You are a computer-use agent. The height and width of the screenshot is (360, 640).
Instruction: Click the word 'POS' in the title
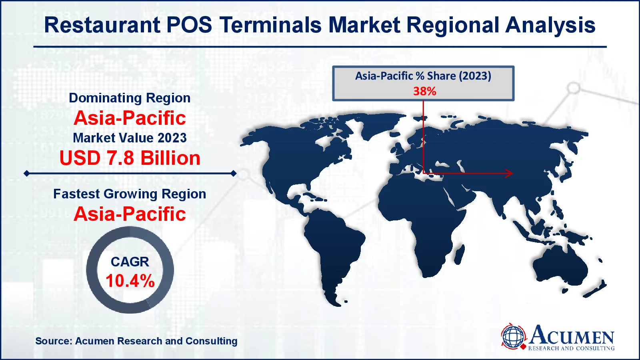[189, 25]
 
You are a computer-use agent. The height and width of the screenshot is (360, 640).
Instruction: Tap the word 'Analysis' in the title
[550, 26]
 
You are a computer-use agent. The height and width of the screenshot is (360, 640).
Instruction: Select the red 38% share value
[424, 91]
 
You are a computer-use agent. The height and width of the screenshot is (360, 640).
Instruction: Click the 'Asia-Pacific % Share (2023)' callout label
[423, 76]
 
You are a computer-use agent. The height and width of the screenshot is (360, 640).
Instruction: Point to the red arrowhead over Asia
[509, 173]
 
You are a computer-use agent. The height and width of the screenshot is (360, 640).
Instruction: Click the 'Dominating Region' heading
[130, 98]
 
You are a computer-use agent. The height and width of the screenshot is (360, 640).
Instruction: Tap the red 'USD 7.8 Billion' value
[130, 158]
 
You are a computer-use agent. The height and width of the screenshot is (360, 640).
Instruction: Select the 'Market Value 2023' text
[130, 138]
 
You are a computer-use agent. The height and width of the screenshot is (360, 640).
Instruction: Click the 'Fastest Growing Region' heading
[130, 194]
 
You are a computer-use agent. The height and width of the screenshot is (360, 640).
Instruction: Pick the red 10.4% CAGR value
[130, 280]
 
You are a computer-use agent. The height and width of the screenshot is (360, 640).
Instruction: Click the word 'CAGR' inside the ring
[130, 262]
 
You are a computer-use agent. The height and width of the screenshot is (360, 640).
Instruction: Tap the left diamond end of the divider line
[26, 173]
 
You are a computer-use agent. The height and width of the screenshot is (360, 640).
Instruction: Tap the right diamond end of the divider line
[234, 173]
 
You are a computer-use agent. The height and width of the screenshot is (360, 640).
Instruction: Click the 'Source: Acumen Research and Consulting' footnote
[136, 341]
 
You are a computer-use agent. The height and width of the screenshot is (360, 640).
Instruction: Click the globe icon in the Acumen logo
[513, 336]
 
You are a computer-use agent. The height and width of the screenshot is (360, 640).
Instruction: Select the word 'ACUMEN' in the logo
[572, 335]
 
